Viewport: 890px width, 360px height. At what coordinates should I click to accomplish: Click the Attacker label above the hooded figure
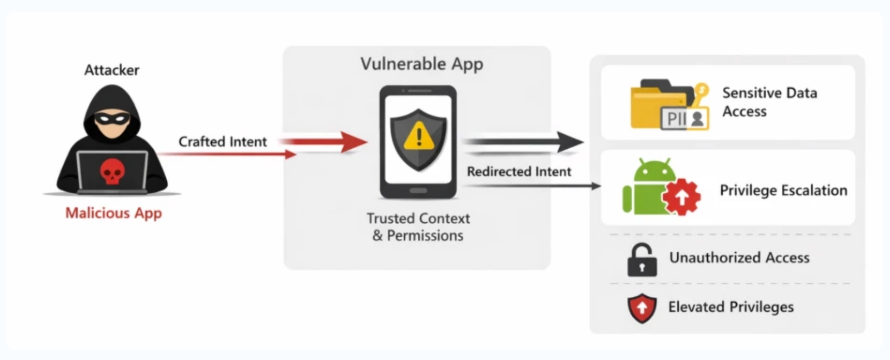tap(112, 70)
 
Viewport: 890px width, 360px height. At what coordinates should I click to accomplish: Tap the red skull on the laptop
tap(111, 171)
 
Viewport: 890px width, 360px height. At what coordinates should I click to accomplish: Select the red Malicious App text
tap(113, 213)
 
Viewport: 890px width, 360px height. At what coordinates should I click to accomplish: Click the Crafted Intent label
tap(223, 141)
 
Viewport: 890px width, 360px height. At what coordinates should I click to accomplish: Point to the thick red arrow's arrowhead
tap(355, 142)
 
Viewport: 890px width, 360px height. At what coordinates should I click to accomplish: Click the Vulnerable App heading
tap(422, 64)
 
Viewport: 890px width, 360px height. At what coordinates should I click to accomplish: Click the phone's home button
tap(418, 191)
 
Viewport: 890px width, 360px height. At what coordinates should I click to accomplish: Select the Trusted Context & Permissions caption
tap(418, 227)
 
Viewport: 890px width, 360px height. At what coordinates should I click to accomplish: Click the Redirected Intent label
tap(519, 171)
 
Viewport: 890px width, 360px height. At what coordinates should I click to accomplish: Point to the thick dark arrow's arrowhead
tap(570, 142)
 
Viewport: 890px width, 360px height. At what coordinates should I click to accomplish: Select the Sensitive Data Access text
tap(769, 102)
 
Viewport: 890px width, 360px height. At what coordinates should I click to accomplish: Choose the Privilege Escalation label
tap(783, 190)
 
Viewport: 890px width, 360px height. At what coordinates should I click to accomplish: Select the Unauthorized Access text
tap(739, 257)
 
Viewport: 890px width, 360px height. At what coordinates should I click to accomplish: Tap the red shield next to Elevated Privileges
tap(642, 308)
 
